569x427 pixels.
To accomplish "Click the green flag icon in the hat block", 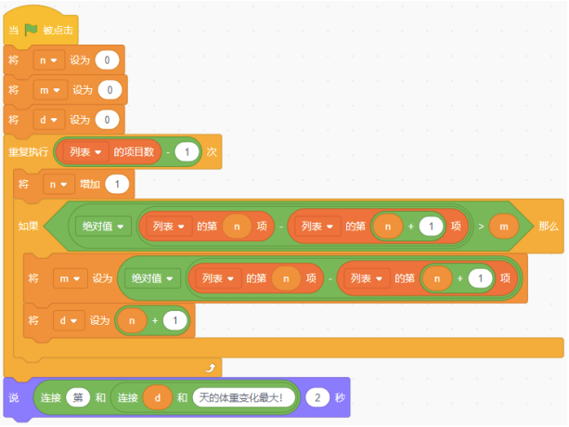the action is pos(31,30).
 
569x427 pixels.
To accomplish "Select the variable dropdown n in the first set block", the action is pos(48,59).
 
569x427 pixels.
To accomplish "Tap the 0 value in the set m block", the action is pos(110,90).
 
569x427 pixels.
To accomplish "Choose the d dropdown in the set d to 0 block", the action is pos(48,120).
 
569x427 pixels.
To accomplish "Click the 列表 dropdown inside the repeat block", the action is pos(85,151).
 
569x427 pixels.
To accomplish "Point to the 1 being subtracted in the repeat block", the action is pos(187,151).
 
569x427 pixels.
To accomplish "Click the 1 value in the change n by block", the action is pos(117,184).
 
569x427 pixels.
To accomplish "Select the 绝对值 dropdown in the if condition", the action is pos(103,226).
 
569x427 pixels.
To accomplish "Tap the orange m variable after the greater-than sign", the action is pos(504,226).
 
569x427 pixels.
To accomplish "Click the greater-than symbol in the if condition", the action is pos(481,226).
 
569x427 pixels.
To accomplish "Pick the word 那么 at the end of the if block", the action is pos(549,226).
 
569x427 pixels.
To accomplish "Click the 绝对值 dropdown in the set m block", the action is pos(152,278).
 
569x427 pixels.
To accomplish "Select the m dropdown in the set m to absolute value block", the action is pos(70,278).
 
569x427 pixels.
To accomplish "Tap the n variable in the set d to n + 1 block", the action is pos(132,320).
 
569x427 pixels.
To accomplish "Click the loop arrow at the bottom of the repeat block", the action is pos(210,368).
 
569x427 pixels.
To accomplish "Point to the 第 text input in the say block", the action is pos(78,397).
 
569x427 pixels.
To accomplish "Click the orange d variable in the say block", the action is pos(158,397).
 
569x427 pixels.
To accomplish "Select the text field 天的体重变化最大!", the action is pos(243,397).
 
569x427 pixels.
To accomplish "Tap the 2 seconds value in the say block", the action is pos(317,397).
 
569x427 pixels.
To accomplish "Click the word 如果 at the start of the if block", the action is pos(28,226).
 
